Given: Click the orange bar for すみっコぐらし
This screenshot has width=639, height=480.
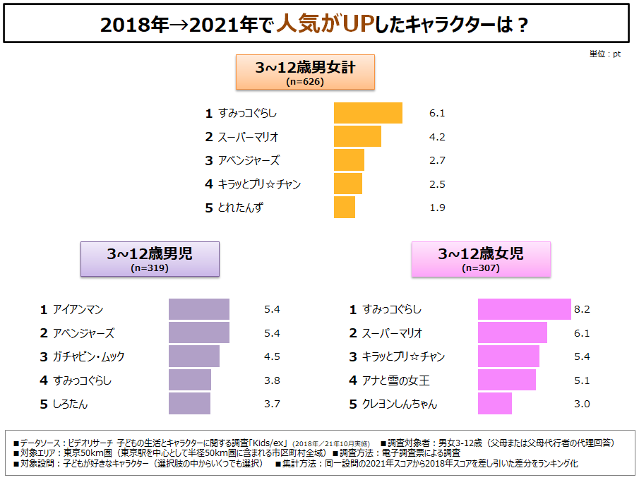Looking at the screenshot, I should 368,113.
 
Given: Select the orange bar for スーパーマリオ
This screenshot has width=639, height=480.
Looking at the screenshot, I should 357,136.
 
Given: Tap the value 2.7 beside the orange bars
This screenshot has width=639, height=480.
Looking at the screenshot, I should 437,160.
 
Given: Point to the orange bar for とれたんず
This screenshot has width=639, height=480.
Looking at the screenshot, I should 345,208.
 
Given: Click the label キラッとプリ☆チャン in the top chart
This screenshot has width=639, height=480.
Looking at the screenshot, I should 260,184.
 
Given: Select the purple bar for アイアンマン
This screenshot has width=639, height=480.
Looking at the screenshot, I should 199,309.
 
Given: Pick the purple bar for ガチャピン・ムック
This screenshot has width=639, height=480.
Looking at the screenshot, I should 194,356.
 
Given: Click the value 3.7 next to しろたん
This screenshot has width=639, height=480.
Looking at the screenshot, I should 272,404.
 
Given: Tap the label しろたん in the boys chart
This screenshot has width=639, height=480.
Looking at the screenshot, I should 70,404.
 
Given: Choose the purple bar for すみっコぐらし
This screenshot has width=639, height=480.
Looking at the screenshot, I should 190,380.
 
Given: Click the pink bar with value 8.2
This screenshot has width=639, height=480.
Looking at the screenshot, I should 524,309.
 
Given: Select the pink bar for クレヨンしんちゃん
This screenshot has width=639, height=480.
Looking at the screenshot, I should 495,404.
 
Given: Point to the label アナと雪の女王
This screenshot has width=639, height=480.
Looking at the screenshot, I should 396,380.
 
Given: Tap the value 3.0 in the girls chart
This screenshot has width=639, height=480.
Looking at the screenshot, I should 582,404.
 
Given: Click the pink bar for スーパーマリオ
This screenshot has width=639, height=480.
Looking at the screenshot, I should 513,333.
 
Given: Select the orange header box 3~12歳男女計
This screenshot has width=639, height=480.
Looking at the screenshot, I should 304,72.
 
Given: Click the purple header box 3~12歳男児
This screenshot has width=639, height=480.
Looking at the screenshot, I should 150,258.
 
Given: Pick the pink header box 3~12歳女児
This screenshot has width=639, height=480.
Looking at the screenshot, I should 481,258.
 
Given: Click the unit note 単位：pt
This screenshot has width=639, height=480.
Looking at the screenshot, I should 605,54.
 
